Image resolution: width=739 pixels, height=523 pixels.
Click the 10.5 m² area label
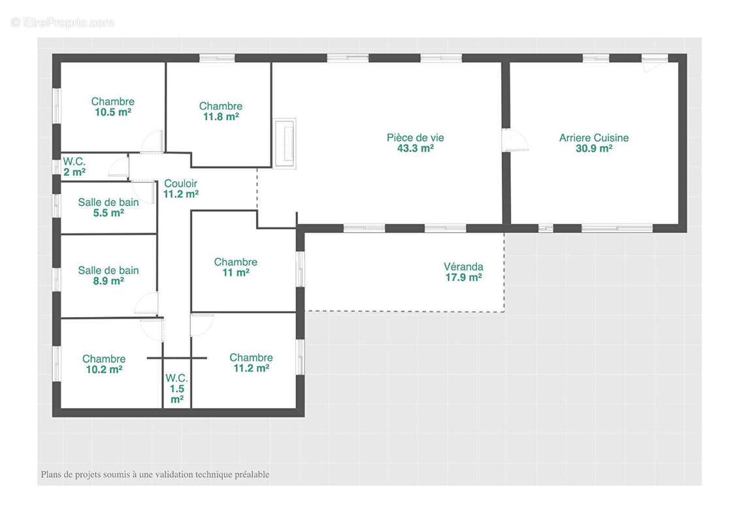tap(112, 112)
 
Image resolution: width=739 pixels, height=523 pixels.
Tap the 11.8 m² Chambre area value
tap(221, 116)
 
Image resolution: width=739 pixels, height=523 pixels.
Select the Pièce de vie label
tap(415, 138)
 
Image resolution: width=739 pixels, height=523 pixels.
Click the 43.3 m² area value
tap(415, 148)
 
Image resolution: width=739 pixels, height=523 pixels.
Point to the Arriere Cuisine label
tap(594, 138)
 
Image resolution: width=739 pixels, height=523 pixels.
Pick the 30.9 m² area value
tap(594, 148)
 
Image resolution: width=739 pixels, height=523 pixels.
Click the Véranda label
tap(463, 267)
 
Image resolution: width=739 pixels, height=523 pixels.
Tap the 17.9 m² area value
tap(463, 277)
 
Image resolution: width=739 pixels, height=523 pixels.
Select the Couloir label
tap(180, 184)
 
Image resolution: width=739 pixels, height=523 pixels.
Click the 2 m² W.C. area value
tap(74, 172)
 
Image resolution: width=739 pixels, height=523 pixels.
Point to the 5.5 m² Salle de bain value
tap(108, 212)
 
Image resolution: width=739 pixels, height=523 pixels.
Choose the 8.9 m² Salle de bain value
tap(108, 281)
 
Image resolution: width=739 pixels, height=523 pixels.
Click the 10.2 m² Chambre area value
tap(104, 369)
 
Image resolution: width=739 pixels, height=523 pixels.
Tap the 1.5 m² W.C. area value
tap(176, 394)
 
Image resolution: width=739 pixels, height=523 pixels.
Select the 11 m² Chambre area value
tap(236, 273)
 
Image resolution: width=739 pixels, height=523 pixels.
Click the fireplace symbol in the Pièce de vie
tap(285, 143)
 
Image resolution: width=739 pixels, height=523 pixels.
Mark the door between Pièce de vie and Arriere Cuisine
tap(515, 140)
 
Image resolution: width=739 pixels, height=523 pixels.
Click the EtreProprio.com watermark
tap(63, 22)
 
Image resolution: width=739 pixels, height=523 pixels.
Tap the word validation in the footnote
tap(174, 475)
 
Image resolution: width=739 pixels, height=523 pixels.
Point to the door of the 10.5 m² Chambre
tap(152, 141)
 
